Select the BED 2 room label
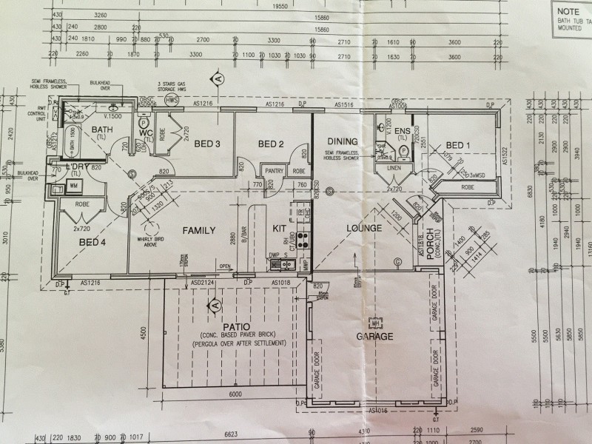click(270, 144)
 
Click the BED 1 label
click(459, 144)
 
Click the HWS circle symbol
click(172, 100)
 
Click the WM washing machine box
click(73, 186)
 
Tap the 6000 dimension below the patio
click(235, 394)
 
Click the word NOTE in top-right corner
click(568, 12)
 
